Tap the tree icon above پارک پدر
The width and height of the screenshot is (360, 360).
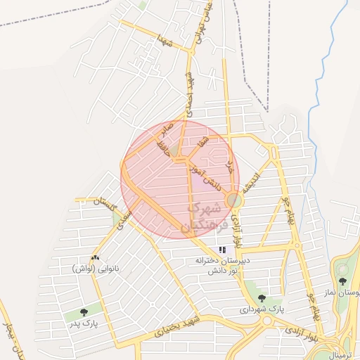(84, 311)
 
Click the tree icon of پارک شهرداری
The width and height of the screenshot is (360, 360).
(262, 298)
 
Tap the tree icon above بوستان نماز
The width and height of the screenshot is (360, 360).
(342, 281)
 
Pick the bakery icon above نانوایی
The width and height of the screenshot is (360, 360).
(95, 258)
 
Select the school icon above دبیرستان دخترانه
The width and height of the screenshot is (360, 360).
(222, 249)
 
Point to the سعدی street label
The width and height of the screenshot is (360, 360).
(124, 219)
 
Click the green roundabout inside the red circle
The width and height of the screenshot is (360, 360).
(233, 201)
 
